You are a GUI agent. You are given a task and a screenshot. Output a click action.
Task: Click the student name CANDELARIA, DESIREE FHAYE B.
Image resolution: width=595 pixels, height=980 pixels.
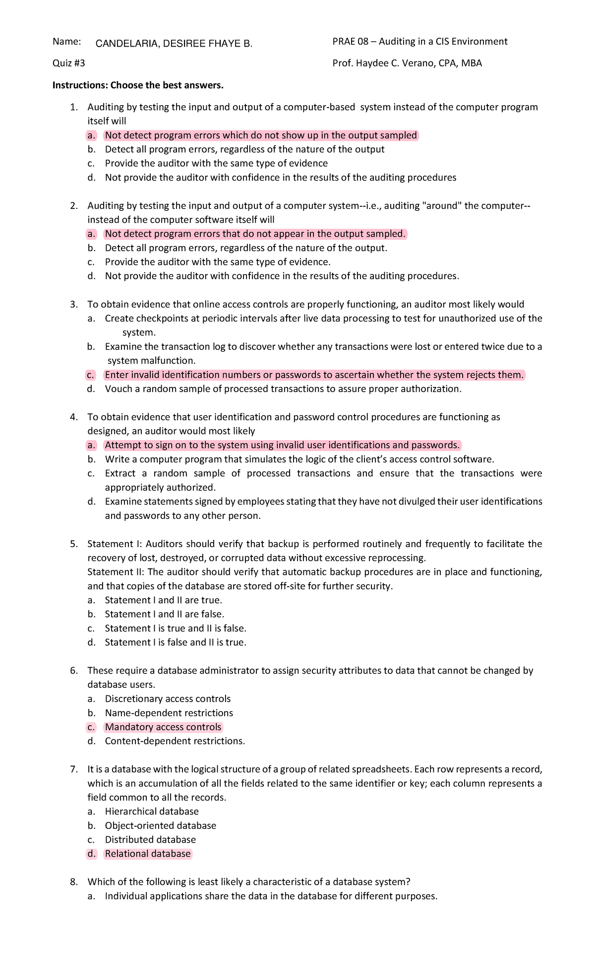(x=174, y=44)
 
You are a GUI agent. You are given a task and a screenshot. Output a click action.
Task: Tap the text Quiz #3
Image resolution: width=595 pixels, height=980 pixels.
(x=69, y=63)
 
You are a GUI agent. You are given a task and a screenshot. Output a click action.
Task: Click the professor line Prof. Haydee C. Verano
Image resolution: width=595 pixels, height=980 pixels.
(x=407, y=63)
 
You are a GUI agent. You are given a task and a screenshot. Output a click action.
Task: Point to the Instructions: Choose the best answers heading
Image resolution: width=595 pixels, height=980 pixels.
(x=138, y=85)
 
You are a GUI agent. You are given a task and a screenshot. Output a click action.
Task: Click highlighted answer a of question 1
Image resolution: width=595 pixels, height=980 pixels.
(x=261, y=135)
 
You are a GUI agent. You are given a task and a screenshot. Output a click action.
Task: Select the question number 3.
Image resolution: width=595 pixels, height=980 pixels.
(x=74, y=304)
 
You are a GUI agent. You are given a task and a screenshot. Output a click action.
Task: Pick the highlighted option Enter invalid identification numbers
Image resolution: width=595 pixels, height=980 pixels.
(x=314, y=375)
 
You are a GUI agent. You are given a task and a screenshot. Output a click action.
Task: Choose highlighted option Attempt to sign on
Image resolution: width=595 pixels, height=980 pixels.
(x=282, y=445)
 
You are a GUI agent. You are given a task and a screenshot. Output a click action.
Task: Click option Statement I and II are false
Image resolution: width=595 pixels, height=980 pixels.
(x=164, y=614)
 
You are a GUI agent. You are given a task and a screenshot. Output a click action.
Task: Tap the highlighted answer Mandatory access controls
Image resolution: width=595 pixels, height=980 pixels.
(x=163, y=727)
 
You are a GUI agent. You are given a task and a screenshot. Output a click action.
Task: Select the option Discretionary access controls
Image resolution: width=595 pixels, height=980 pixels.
(x=168, y=699)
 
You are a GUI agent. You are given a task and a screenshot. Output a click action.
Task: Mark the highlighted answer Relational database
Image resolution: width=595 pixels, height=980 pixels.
(x=147, y=854)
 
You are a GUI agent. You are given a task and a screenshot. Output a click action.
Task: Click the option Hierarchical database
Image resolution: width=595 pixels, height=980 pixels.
(x=152, y=811)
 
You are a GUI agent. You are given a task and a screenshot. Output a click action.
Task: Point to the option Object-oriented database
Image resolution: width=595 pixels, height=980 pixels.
(x=160, y=825)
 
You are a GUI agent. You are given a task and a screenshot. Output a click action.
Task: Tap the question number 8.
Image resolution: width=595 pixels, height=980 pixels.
(x=74, y=882)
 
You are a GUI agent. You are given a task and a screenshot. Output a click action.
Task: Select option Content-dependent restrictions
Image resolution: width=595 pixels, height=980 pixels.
(x=175, y=741)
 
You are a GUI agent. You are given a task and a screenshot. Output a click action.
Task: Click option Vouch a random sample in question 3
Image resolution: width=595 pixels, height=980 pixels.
(x=283, y=389)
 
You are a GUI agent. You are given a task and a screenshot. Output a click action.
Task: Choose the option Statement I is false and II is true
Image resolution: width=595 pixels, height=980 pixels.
(x=175, y=642)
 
